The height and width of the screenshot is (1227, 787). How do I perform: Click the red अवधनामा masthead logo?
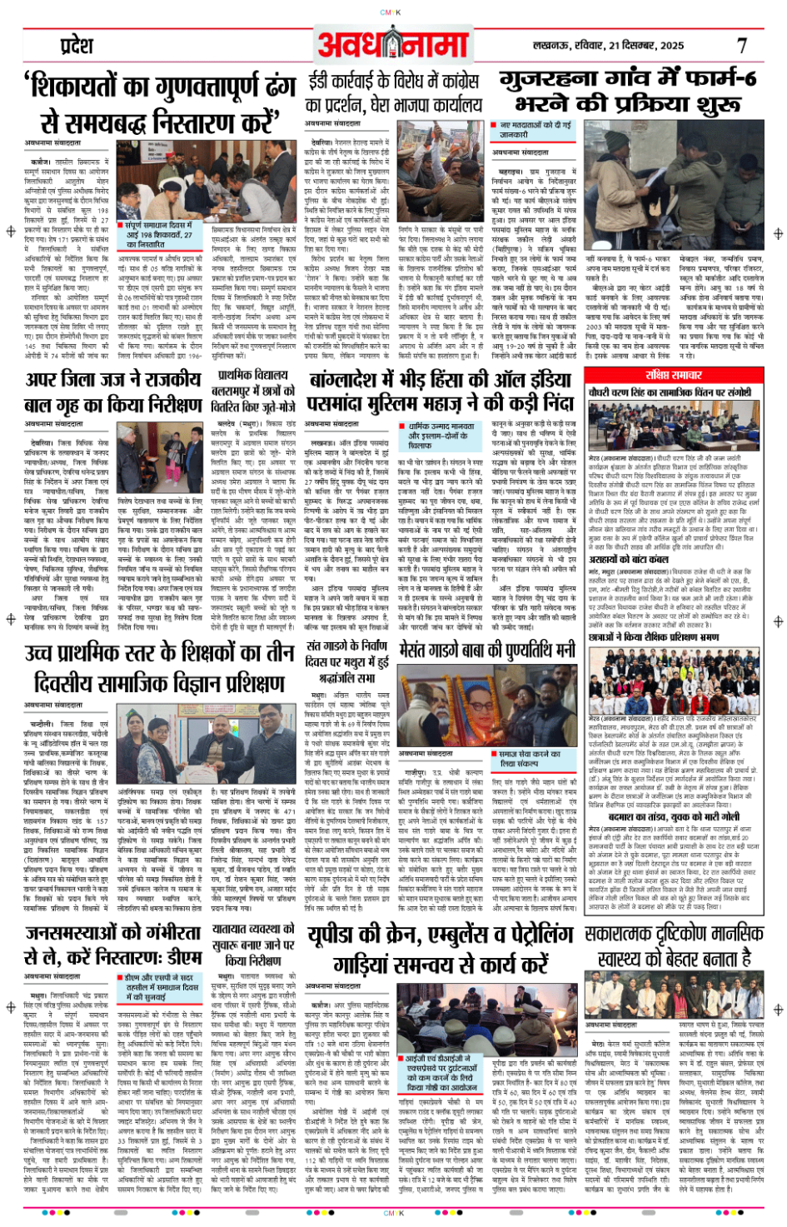coord(393,43)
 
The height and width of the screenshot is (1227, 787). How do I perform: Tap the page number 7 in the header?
coord(741,46)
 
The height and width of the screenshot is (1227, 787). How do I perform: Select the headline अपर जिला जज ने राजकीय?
coord(113,392)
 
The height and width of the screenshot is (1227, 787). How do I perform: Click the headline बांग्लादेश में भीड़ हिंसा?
coord(441,392)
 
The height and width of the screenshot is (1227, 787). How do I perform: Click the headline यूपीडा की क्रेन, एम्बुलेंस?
coord(440,949)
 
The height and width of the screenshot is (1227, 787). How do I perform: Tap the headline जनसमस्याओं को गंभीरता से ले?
coord(113,944)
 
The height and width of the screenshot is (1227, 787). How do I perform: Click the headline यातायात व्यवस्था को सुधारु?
coord(253,944)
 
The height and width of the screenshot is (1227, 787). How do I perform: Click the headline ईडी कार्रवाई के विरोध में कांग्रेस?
coord(393,92)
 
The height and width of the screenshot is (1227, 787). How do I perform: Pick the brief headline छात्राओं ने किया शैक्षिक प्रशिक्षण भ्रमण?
coord(642,637)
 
